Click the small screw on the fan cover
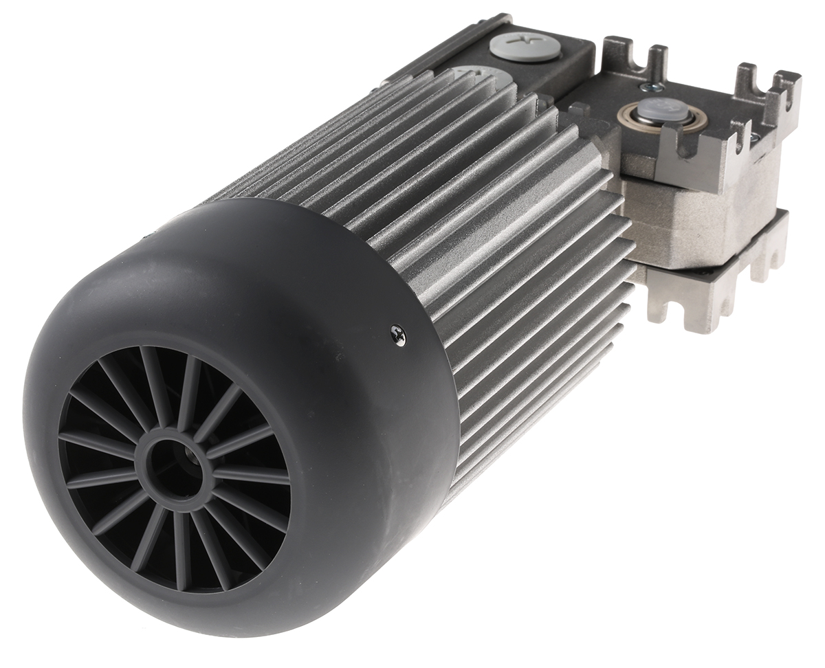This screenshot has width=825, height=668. pos(397,335)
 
